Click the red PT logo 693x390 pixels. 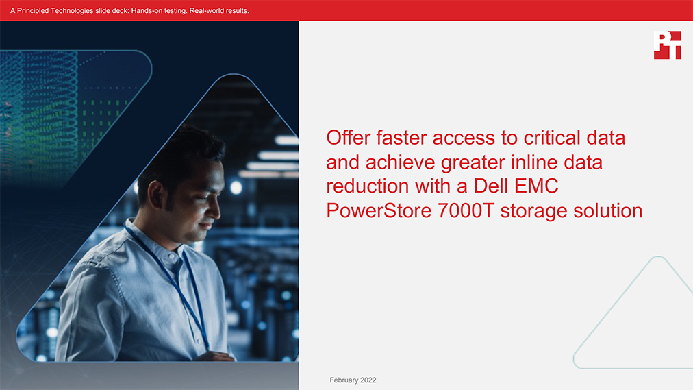[668, 45]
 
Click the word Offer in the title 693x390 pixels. [349, 138]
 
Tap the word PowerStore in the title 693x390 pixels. [379, 210]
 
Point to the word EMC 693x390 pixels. [537, 186]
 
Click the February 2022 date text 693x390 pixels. [353, 380]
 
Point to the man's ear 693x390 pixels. [156, 194]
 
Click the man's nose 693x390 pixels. [215, 208]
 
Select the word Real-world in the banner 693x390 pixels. [205, 10]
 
